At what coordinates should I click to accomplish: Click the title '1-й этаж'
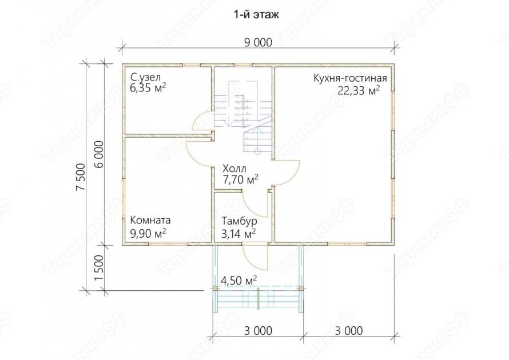point(256,15)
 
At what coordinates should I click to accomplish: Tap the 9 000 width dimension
point(259,42)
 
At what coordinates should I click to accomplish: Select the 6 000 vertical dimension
point(99,154)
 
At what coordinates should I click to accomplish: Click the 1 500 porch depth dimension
point(99,269)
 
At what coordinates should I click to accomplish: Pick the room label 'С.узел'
point(145,78)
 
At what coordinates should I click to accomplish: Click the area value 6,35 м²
point(148,88)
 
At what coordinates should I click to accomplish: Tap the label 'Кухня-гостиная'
point(350,78)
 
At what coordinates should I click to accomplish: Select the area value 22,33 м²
point(359,90)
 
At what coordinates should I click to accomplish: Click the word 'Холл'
point(234,169)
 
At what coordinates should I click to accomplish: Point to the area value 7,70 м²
point(240,179)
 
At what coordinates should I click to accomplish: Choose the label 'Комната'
point(150,220)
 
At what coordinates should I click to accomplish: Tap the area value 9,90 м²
point(148,233)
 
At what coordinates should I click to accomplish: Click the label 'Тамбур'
point(240,221)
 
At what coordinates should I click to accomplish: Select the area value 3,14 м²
point(238,233)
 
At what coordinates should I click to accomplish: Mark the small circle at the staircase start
point(257,151)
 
